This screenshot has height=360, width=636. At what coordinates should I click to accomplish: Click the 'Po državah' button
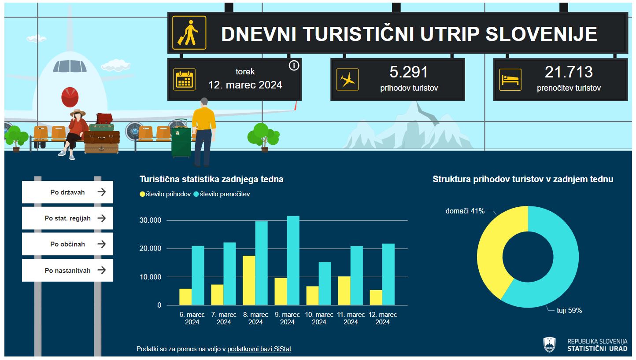point(67,192)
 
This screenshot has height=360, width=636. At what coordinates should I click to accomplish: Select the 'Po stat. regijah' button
point(67,218)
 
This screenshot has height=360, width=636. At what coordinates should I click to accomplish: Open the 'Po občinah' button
point(67,244)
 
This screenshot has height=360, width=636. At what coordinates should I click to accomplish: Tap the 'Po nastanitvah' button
point(67,270)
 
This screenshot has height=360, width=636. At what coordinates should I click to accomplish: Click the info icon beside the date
point(294,66)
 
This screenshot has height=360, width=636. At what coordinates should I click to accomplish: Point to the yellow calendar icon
point(184,80)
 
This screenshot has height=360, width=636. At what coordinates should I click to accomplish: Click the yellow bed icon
point(510,80)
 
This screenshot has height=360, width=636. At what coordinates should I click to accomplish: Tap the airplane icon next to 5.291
point(348,80)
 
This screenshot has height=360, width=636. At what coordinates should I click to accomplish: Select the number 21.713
point(569,72)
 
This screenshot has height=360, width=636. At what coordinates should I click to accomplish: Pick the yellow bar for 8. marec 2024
point(249,280)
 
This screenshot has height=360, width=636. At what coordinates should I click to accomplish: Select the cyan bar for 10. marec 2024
point(325,283)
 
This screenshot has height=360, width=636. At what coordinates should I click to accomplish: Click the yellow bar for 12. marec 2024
point(376,298)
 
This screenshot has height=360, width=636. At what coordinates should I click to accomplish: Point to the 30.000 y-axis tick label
point(151,220)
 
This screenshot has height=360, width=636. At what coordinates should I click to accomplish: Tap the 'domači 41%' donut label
point(465,211)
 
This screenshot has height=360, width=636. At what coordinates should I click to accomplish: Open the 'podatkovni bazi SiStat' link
point(259,349)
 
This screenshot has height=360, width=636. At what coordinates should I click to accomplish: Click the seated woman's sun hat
point(78,113)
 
